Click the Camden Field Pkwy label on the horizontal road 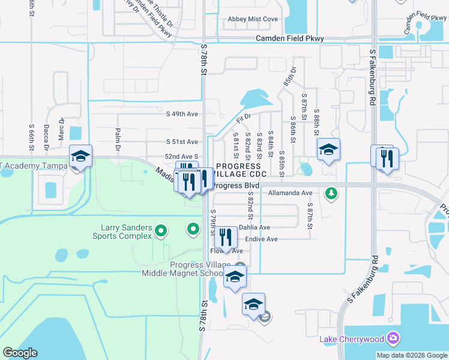[x=290, y=38]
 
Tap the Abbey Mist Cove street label [x=253, y=19]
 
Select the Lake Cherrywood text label [x=351, y=339]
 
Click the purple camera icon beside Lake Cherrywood [x=393, y=338]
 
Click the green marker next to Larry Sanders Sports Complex [x=160, y=230]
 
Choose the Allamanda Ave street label [x=291, y=193]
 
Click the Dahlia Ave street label [x=255, y=227]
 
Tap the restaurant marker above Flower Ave [x=226, y=237]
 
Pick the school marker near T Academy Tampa [x=80, y=157]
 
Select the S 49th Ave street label [x=182, y=113]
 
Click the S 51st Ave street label [x=182, y=142]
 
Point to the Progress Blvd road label [x=237, y=186]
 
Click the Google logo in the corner [x=20, y=353]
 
